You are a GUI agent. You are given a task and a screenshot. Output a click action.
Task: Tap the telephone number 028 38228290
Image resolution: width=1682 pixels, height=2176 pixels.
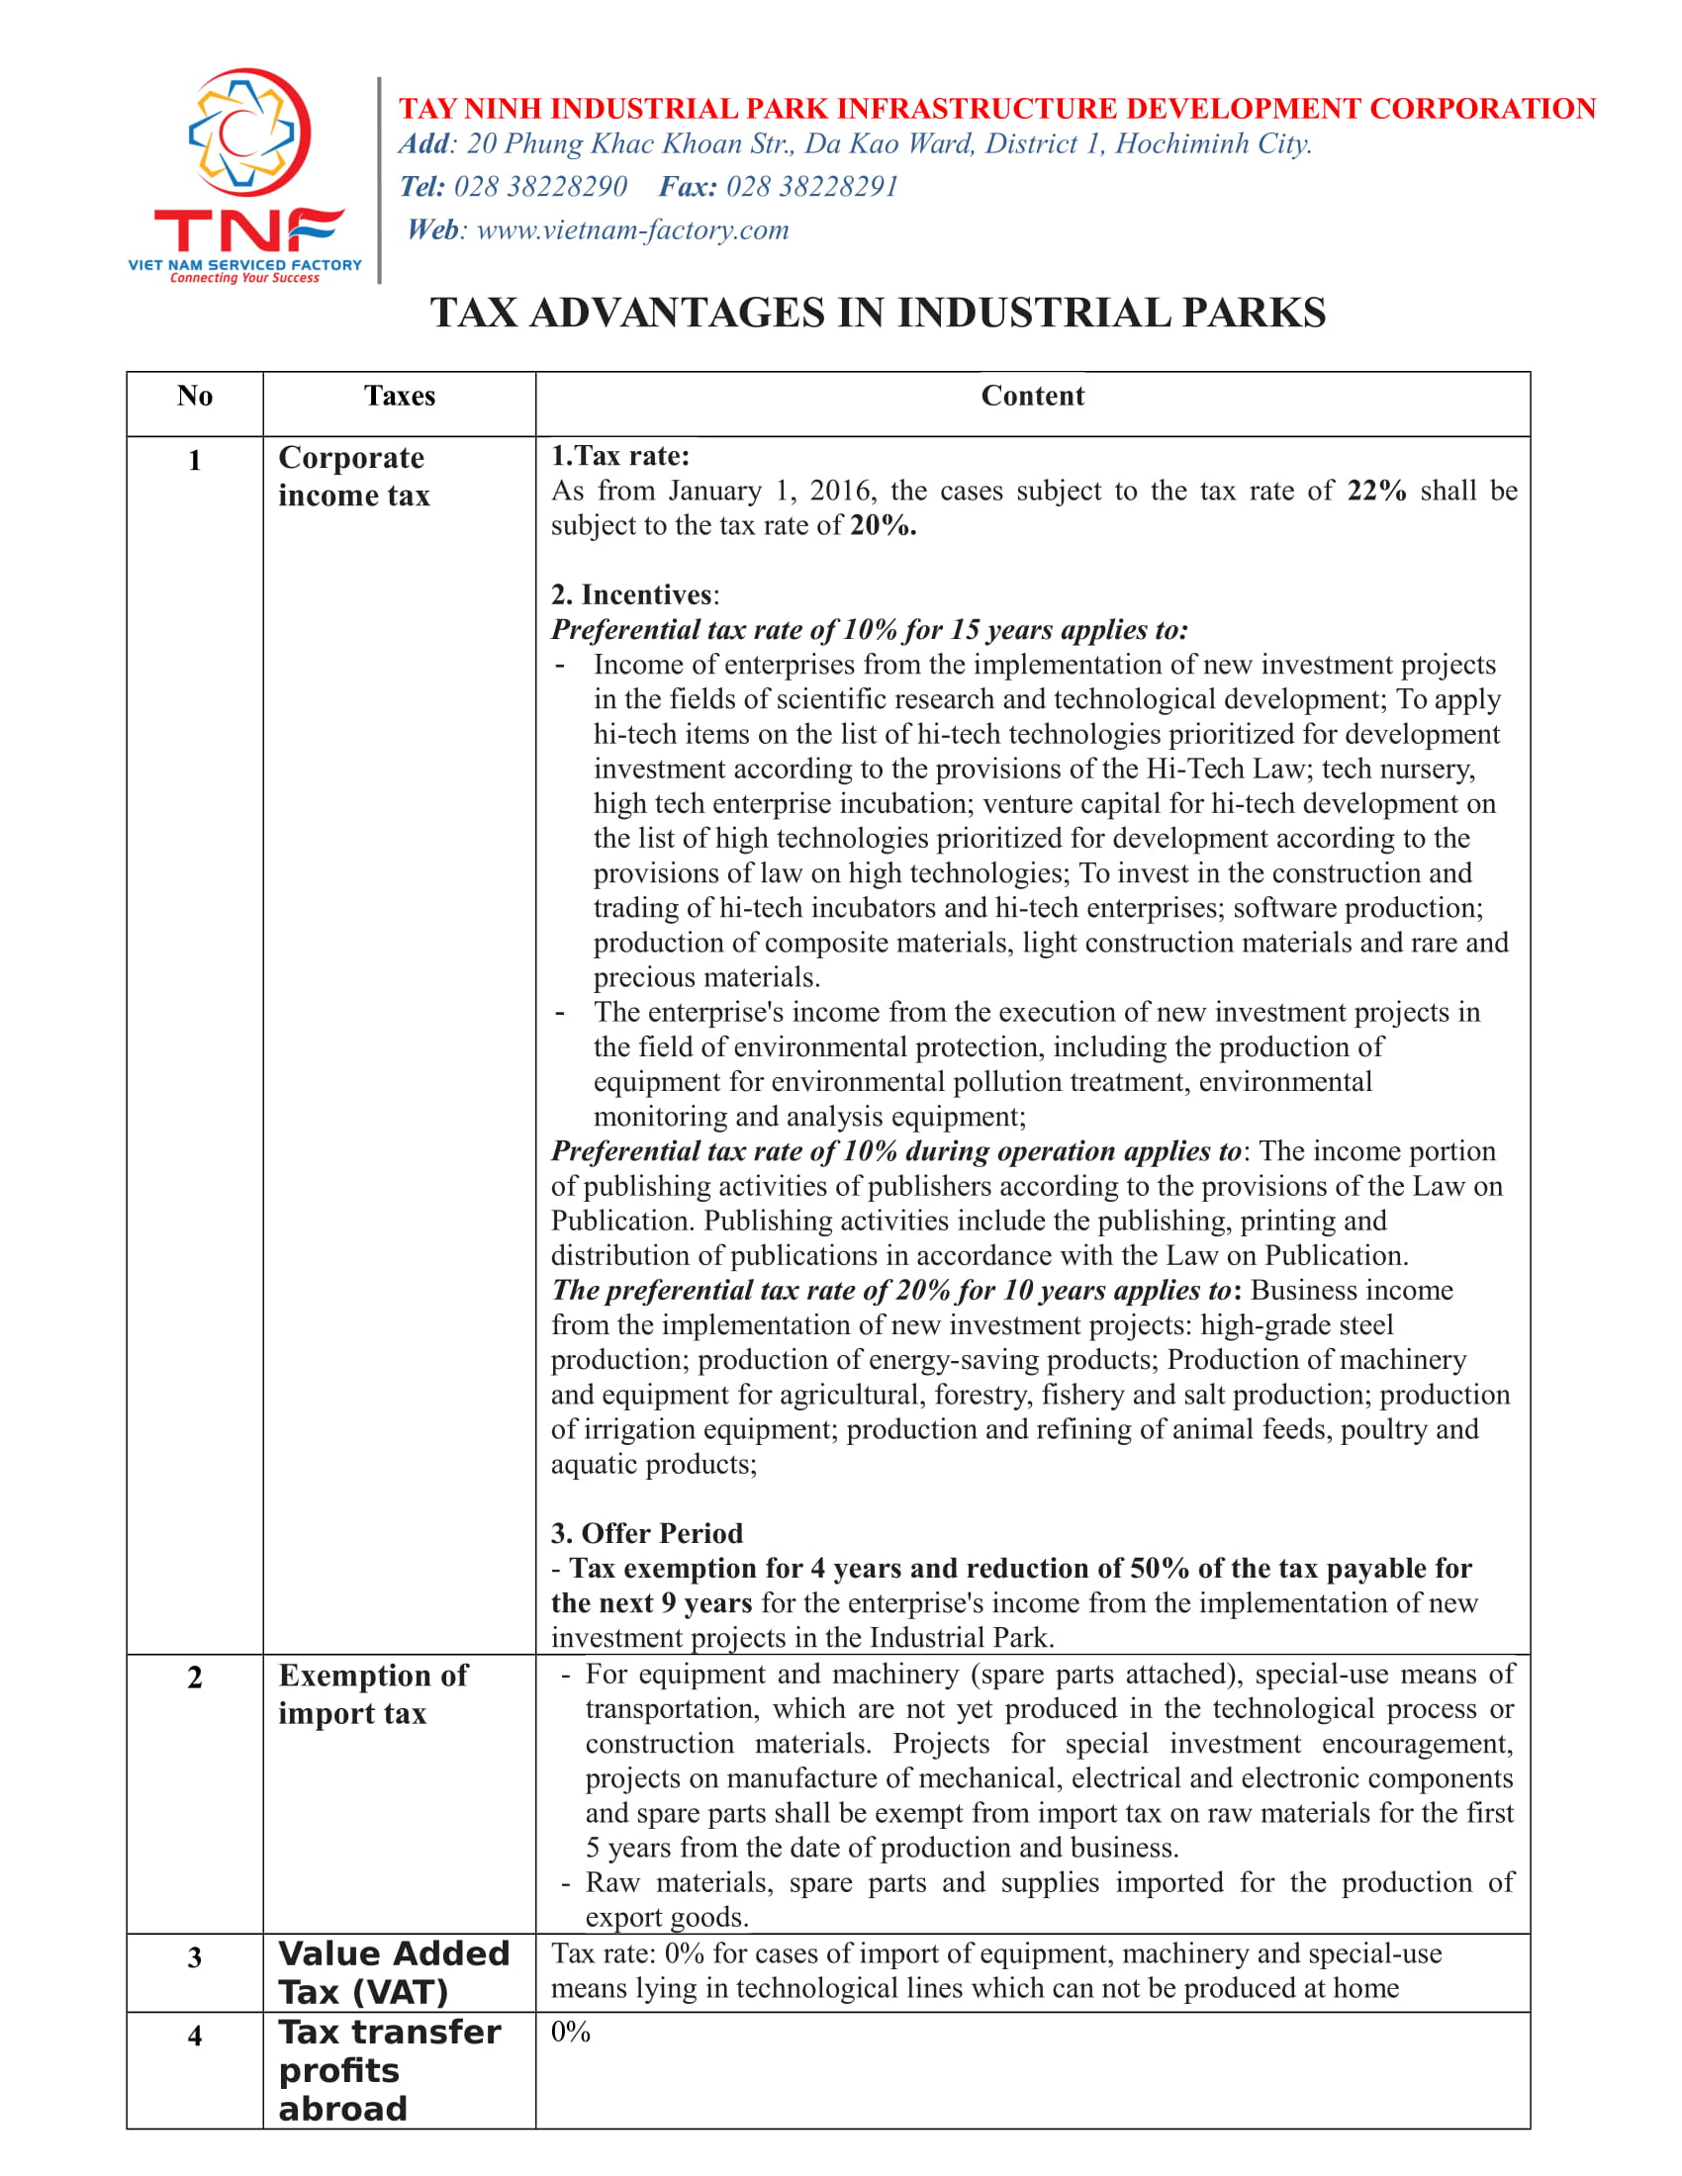540,187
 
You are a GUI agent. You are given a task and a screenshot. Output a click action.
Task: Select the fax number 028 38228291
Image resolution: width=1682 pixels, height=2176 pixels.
812,187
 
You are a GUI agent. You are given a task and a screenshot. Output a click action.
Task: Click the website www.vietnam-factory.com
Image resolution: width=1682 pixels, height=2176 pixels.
633,230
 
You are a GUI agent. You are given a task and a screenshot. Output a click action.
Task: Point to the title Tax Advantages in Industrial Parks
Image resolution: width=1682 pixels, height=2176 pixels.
878,313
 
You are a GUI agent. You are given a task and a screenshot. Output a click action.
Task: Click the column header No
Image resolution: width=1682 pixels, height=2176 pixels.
195,397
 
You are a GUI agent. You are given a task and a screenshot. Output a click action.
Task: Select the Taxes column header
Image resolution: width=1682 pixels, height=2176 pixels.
400,397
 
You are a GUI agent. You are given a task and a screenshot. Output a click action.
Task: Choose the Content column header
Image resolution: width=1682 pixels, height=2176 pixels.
1032,397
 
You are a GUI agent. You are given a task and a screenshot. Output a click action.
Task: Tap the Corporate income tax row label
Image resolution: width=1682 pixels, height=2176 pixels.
354,477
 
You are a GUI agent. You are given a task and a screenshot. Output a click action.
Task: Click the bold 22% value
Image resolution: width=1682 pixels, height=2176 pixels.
1376,492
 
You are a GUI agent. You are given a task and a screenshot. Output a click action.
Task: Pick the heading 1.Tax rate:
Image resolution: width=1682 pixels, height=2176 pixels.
619,456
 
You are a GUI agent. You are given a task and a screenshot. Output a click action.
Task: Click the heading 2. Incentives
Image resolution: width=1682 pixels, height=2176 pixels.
634,594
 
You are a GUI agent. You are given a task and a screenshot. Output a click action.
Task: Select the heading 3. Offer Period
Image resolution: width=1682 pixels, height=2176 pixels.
647,1533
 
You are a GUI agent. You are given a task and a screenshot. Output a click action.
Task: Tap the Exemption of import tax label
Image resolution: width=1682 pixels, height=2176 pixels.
373,1693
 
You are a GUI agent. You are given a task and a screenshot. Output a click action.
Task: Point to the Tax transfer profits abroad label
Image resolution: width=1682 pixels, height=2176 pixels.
389,2069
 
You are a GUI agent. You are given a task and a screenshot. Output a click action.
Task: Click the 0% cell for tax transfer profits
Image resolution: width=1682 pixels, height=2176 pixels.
571,2032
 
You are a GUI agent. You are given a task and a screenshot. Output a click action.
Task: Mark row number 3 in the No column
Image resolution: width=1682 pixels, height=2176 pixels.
195,1957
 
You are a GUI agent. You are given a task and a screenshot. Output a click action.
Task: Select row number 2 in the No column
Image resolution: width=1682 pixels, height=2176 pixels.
195,1677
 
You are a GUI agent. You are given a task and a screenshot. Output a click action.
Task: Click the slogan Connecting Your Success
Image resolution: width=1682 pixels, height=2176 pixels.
244,278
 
